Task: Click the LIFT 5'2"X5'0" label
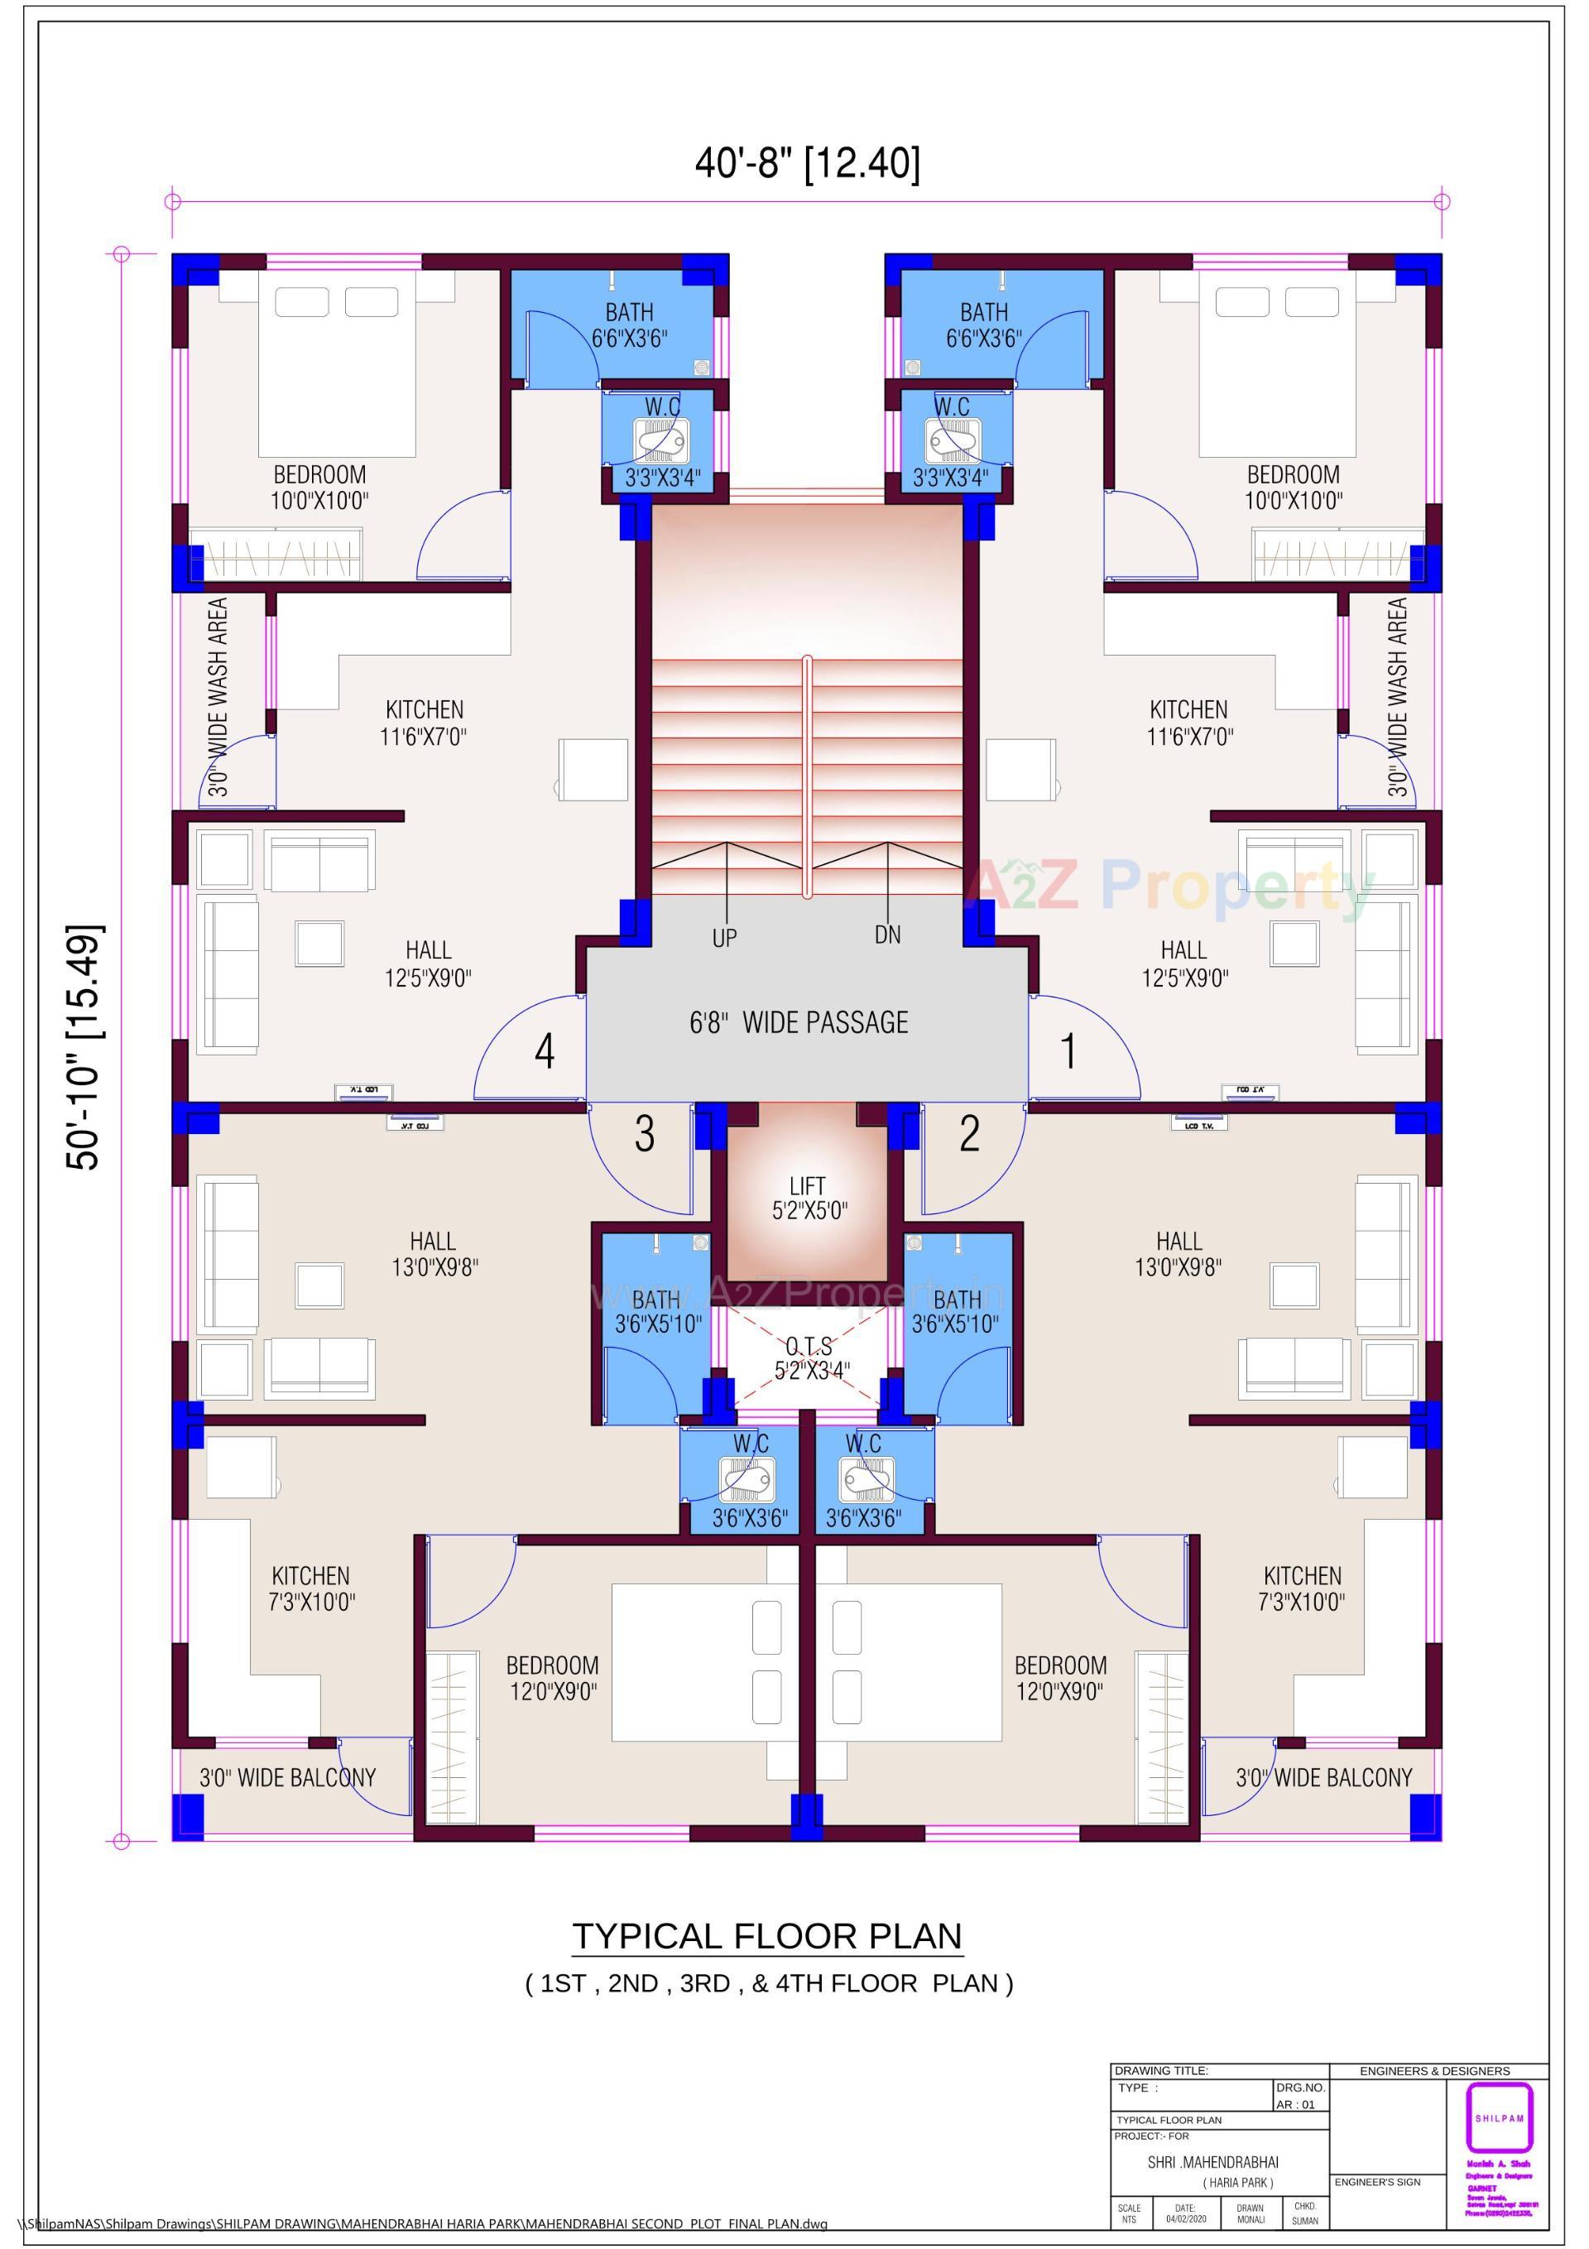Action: click(809, 1198)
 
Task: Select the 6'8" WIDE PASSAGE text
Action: click(799, 1022)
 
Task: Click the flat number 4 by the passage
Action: click(545, 1052)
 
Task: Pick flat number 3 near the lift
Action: click(644, 1133)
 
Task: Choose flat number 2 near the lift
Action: click(969, 1133)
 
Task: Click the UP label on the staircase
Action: click(724, 939)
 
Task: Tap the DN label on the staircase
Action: click(887, 935)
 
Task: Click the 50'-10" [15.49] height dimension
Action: click(84, 1046)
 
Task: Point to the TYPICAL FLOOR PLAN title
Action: click(767, 1937)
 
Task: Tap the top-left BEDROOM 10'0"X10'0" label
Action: click(319, 488)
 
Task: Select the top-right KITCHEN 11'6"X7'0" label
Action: click(1188, 722)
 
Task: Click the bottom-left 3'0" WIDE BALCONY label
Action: click(287, 1777)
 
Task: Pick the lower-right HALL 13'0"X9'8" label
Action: click(1179, 1254)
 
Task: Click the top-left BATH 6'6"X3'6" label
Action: click(629, 325)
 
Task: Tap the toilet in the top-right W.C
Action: click(949, 440)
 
